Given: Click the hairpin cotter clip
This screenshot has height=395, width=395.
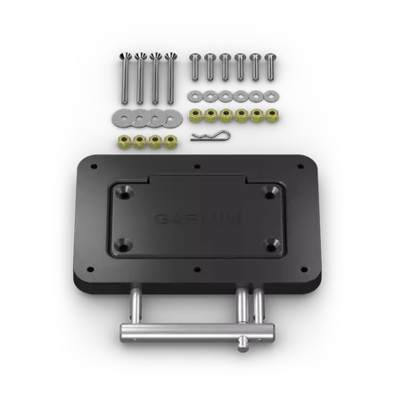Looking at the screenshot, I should click(x=210, y=136).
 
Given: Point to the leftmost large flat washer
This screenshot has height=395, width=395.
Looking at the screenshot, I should click(x=122, y=117).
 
